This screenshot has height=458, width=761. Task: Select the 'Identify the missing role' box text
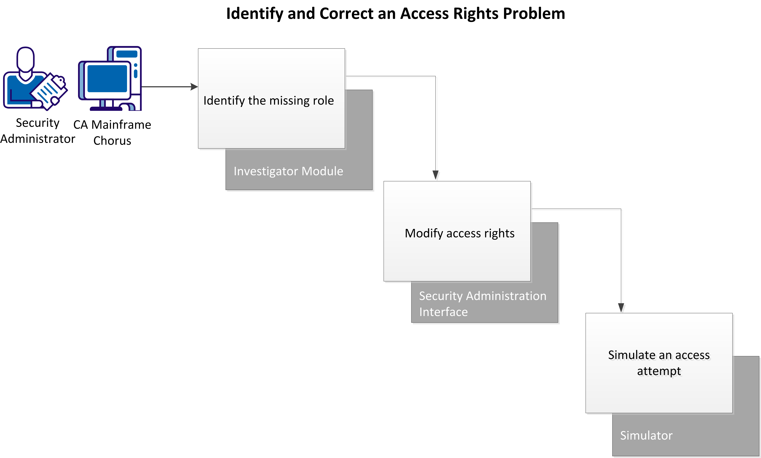click(268, 101)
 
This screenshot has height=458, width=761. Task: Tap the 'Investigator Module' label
click(288, 171)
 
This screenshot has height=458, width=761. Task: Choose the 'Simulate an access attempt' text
click(659, 363)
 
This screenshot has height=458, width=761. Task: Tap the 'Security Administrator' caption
click(37, 131)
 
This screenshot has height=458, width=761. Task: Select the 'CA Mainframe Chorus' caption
click(112, 133)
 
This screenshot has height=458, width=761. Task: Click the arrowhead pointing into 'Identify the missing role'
click(194, 87)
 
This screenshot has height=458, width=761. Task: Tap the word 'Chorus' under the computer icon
click(112, 141)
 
